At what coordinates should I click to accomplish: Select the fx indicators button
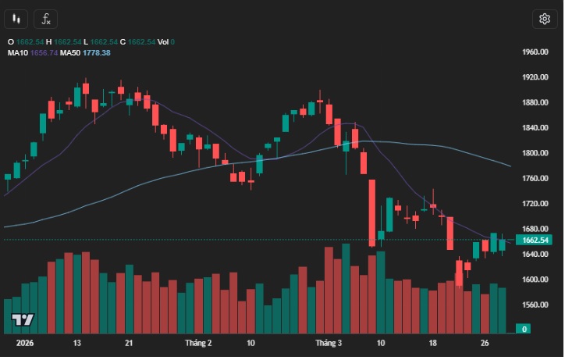[47, 19]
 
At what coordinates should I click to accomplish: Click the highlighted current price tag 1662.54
[535, 240]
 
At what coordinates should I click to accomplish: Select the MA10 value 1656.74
[43, 52]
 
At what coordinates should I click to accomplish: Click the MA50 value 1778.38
[98, 52]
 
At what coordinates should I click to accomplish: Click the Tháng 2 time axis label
[198, 343]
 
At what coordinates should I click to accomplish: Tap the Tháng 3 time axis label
[329, 343]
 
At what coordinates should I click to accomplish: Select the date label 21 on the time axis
[129, 343]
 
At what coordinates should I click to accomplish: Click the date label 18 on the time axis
[432, 343]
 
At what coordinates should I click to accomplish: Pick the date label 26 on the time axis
[485, 343]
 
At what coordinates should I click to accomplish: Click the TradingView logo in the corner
[23, 320]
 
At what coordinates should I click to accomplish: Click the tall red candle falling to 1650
[372, 212]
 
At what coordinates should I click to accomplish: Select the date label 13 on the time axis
[77, 343]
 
